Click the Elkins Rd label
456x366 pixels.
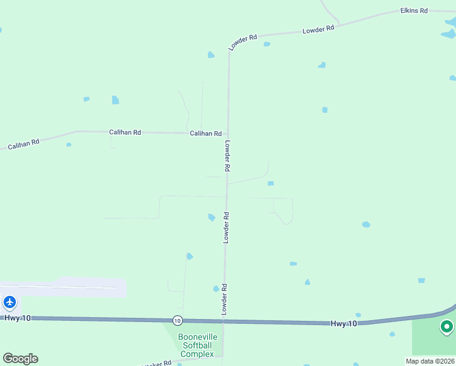pos(413,11)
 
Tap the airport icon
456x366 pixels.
pos(10,302)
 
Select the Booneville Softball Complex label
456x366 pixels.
pos(196,345)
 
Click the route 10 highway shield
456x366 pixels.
pos(177,320)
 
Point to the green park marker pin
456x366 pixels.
pos(447,327)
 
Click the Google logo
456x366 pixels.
pos(20,359)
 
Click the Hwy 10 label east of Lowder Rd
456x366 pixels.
pos(344,323)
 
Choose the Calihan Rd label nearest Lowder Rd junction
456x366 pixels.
pos(205,133)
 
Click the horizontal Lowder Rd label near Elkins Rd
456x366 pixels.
pos(318,29)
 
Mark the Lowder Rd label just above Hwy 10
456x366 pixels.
pos(224,300)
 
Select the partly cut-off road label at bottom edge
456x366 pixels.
pos(156,363)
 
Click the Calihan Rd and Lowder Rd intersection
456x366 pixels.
pos(227,134)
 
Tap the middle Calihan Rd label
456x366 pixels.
pos(125,132)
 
